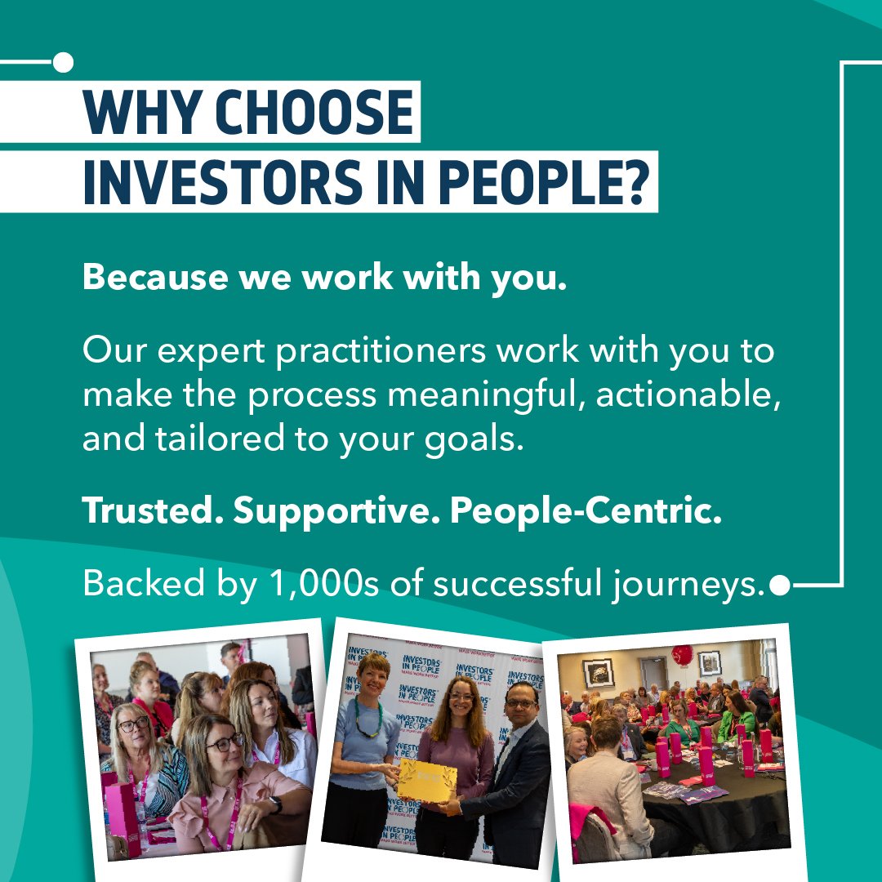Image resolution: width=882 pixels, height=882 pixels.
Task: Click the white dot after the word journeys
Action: pyautogui.click(x=780, y=585)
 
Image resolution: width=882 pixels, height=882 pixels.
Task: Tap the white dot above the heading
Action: pyautogui.click(x=63, y=62)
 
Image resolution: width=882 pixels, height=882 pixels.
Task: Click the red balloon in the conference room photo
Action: pyautogui.click(x=682, y=655)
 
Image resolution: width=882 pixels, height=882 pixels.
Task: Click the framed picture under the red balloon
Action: pyautogui.click(x=709, y=662)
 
